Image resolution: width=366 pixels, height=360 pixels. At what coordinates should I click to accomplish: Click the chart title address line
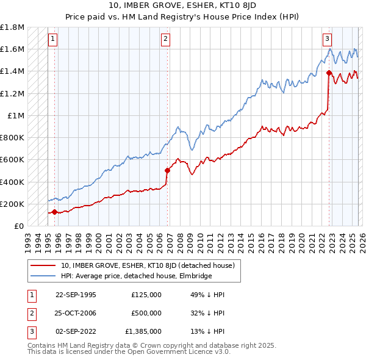pyautogui.click(x=182, y=5)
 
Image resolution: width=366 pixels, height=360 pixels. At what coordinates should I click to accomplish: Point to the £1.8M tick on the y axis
pyautogui.click(x=13, y=27)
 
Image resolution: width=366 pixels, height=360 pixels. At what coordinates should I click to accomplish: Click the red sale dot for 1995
pyautogui.click(x=55, y=212)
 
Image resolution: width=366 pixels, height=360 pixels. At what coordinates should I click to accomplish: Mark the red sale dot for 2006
pyautogui.click(x=167, y=171)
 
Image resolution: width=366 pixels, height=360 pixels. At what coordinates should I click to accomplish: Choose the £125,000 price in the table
pyautogui.click(x=146, y=295)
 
